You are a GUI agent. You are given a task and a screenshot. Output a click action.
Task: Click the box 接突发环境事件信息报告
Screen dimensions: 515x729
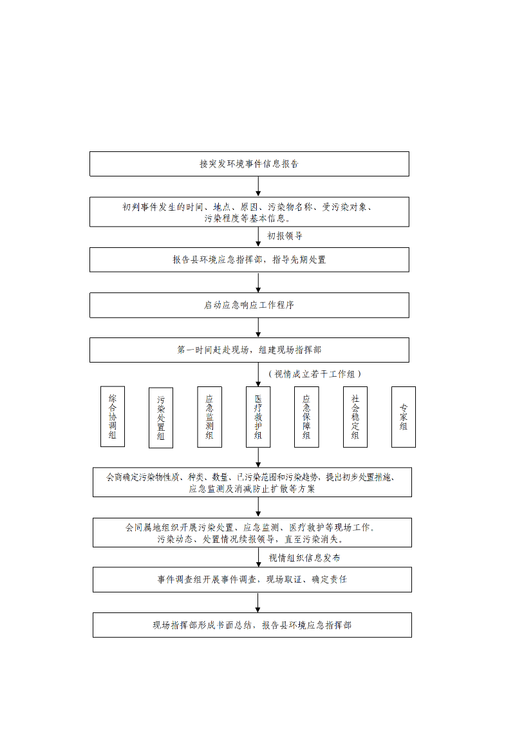pyautogui.click(x=249, y=164)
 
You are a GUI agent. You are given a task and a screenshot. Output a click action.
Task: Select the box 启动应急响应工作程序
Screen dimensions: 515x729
pyautogui.click(x=249, y=305)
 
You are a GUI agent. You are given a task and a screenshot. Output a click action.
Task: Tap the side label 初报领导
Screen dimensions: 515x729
pyautogui.click(x=285, y=236)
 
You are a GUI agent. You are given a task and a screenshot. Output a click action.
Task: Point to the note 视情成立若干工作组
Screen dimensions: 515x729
pyautogui.click(x=315, y=374)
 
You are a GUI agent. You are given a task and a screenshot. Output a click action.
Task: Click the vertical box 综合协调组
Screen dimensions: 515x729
pyautogui.click(x=113, y=417)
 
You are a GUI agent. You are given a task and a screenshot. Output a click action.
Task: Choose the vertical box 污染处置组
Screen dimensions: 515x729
pyautogui.click(x=161, y=418)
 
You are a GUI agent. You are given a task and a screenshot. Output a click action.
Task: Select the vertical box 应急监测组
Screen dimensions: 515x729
pyautogui.click(x=209, y=417)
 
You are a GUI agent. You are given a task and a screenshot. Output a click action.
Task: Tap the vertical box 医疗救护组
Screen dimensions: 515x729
pyautogui.click(x=258, y=417)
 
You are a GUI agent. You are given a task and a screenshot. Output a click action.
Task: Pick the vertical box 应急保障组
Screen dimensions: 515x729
pyautogui.click(x=306, y=417)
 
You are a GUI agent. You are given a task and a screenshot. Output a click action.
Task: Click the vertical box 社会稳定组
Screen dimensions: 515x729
pyautogui.click(x=355, y=417)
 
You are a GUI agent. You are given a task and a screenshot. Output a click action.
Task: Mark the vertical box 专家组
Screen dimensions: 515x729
pyautogui.click(x=404, y=417)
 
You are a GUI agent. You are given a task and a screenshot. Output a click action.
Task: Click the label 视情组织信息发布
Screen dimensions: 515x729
pyautogui.click(x=304, y=558)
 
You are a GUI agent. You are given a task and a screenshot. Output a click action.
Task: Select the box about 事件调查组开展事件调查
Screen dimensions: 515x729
pyautogui.click(x=252, y=580)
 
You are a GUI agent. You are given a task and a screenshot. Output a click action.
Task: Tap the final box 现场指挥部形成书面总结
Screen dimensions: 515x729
pyautogui.click(x=252, y=625)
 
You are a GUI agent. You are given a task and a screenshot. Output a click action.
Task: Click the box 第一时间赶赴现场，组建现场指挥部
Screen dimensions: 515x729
pyautogui.click(x=249, y=350)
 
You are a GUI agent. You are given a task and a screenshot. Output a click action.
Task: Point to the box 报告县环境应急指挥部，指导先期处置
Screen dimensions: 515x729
pyautogui.click(x=249, y=260)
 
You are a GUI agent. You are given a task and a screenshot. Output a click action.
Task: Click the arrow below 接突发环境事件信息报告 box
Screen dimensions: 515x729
pyautogui.click(x=258, y=186)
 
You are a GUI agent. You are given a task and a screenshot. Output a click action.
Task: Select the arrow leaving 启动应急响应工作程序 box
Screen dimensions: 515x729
pyautogui.click(x=258, y=328)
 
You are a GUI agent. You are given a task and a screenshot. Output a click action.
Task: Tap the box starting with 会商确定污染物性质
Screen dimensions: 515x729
pyautogui.click(x=252, y=482)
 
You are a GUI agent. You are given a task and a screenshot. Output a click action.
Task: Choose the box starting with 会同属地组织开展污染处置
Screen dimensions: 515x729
pyautogui.click(x=252, y=533)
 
